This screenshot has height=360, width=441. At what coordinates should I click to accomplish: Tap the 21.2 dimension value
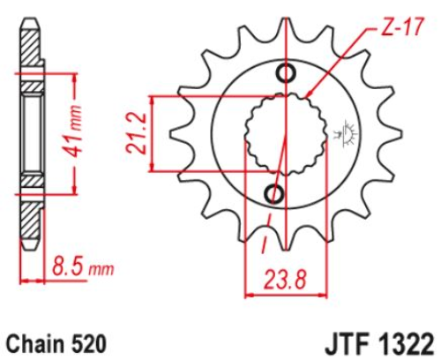point(137,133)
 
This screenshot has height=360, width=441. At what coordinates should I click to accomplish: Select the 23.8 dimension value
point(285,280)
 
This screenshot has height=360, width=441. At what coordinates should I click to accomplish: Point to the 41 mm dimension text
point(72,131)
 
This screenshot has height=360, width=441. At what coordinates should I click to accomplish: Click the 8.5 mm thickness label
point(83,267)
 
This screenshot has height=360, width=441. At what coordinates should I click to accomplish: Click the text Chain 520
point(56,343)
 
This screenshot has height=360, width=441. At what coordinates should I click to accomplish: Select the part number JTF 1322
point(379,343)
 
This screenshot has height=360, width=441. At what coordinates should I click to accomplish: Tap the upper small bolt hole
point(286,73)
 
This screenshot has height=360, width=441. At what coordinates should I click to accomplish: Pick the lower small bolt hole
point(274,193)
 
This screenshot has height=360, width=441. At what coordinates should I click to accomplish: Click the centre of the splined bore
point(286,134)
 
